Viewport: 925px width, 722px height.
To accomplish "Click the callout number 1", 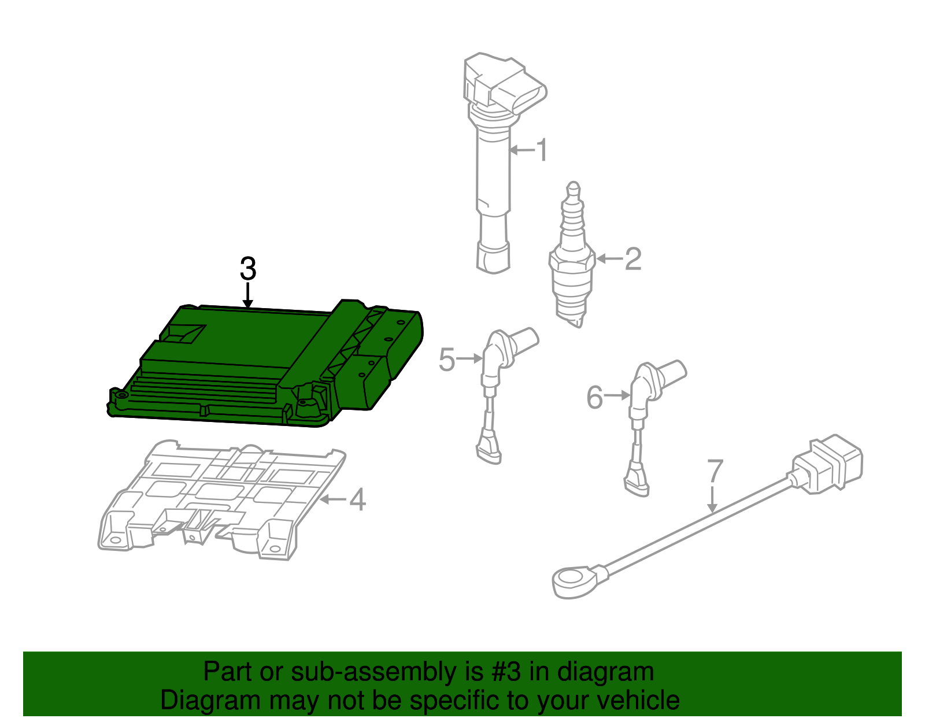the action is click(542, 150).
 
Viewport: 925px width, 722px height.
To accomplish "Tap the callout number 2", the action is click(633, 258).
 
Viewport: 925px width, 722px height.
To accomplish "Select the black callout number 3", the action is click(248, 268).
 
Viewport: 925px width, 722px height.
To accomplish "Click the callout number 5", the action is click(447, 359).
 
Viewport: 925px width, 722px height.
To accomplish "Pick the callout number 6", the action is click(595, 397).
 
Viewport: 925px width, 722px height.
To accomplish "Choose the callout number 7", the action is click(715, 471).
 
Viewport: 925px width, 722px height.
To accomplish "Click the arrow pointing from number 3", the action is click(248, 295).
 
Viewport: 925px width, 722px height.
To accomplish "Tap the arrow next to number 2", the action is click(609, 258).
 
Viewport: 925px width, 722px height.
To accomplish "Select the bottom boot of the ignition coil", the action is click(493, 257).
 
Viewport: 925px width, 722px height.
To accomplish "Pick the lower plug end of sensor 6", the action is click(636, 481).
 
